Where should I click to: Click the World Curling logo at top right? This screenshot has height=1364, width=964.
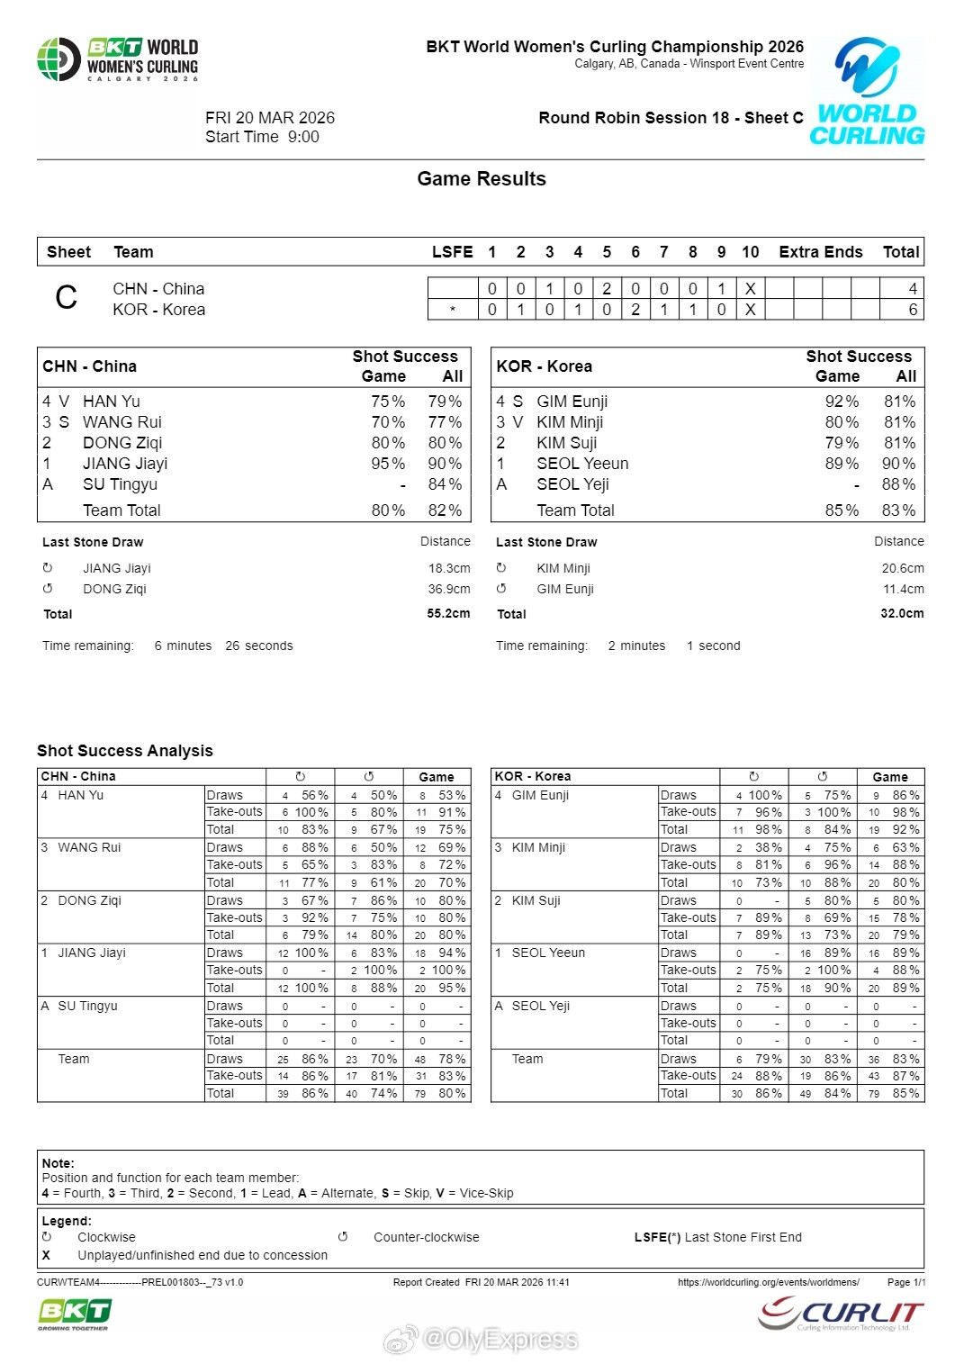tap(867, 92)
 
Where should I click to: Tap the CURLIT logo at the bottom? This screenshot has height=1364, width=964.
tap(842, 1314)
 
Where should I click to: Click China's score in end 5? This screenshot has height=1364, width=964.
tap(607, 289)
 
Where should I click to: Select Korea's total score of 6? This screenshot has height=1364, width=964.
tap(913, 310)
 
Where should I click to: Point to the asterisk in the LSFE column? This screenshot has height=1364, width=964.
tap(452, 310)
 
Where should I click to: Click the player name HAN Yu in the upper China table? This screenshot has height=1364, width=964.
tap(112, 402)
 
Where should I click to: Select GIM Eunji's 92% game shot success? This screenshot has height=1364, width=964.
tap(842, 402)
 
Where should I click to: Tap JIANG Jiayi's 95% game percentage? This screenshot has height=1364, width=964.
tap(388, 464)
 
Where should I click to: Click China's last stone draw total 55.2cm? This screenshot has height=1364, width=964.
tap(448, 613)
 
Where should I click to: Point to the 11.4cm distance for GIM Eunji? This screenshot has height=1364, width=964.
tap(902, 589)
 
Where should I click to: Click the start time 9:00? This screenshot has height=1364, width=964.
tap(303, 137)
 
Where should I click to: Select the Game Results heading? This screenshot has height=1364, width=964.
tap(482, 179)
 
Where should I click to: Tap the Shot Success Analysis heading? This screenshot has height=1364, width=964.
tap(125, 751)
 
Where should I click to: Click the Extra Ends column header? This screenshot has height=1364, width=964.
tap(820, 252)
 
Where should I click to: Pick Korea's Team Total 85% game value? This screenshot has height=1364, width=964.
tap(842, 510)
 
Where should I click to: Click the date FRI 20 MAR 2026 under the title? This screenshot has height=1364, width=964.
tap(270, 118)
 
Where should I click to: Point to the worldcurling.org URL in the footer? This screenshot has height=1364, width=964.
tap(768, 1282)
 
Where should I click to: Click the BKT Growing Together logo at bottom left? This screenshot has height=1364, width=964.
tap(74, 1314)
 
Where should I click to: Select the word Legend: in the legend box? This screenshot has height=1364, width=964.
tap(67, 1221)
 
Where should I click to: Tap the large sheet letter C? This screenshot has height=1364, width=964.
tap(67, 298)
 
